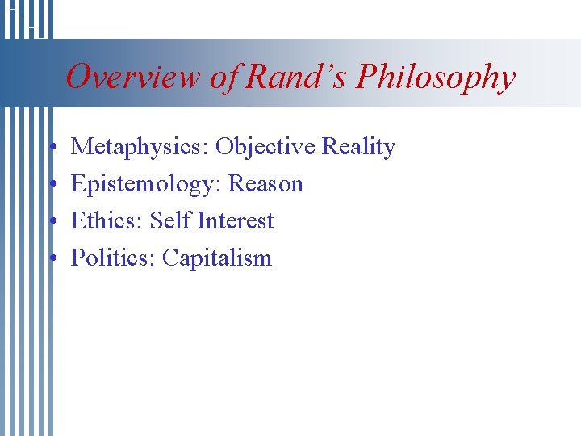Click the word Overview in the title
click(133, 78)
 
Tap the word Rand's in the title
click(296, 78)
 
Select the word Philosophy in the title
click(436, 78)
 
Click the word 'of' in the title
click(225, 78)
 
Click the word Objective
click(265, 147)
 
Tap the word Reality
click(358, 148)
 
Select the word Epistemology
click(146, 185)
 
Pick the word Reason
click(265, 184)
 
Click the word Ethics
click(106, 221)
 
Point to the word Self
click(170, 221)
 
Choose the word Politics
click(113, 258)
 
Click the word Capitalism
click(217, 258)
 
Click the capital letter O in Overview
click(77, 78)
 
